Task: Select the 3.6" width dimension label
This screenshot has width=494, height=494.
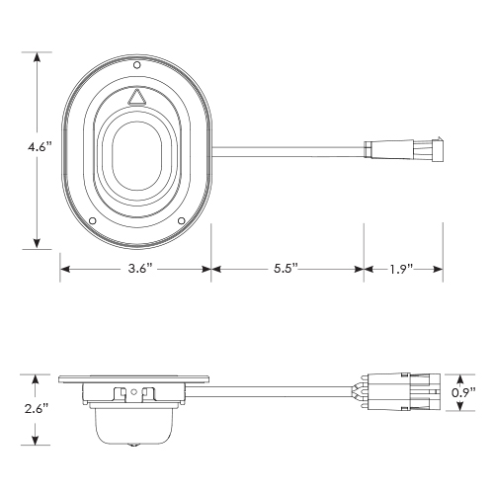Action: tap(137, 268)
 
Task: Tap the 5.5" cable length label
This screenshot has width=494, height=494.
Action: tap(288, 268)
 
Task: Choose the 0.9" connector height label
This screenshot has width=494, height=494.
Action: tap(478, 391)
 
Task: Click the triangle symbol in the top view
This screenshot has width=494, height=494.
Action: tap(137, 97)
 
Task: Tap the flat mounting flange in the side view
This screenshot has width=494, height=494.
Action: tap(136, 379)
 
